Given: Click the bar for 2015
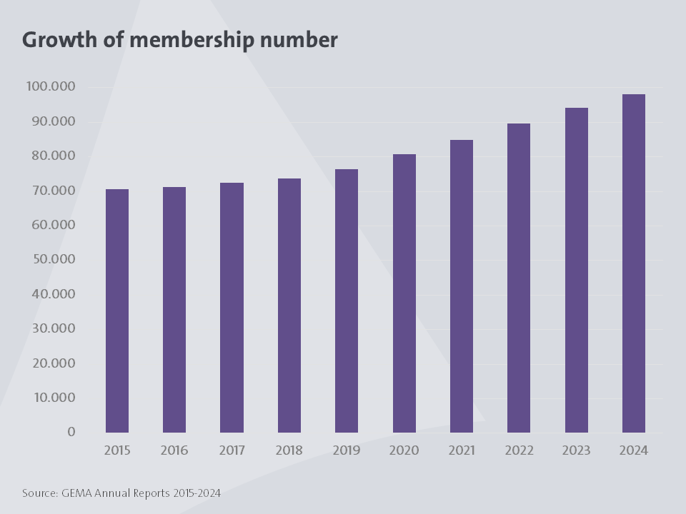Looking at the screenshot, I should (x=117, y=311).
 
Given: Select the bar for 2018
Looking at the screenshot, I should (x=289, y=306).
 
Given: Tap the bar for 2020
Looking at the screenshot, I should (x=404, y=293).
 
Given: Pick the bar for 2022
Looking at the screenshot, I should (x=519, y=278).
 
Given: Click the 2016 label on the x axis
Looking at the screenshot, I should (x=174, y=450).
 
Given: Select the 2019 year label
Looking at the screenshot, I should (x=347, y=450).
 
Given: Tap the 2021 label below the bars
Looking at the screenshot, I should (x=462, y=450).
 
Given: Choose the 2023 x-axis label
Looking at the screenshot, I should (x=576, y=450).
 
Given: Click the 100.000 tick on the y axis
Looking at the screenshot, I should (x=51, y=86).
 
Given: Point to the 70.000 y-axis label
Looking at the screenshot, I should (x=51, y=191).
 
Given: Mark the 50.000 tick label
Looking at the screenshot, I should (x=51, y=259).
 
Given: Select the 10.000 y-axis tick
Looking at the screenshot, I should (x=51, y=398).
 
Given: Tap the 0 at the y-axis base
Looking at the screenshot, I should (x=71, y=432).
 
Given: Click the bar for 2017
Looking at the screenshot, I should (x=232, y=308).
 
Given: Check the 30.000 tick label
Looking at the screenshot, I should (x=51, y=328).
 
